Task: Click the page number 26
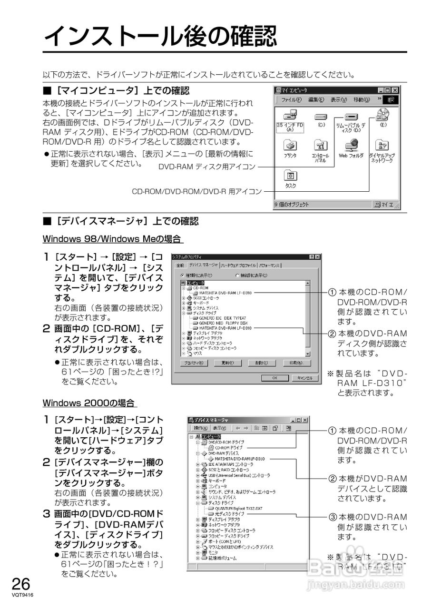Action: point(21,584)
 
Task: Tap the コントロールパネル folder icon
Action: point(320,146)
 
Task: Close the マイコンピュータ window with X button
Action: point(395,90)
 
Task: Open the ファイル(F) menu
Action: point(291,100)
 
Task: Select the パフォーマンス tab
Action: point(270,265)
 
